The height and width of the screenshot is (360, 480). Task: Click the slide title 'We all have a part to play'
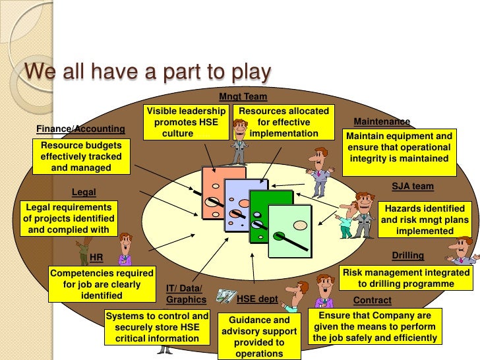[147, 71]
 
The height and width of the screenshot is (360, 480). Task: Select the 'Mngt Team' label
[243, 96]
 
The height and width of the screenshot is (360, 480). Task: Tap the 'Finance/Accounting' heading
[80, 128]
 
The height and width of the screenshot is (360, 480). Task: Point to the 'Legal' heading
[84, 192]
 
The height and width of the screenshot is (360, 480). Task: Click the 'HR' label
[96, 257]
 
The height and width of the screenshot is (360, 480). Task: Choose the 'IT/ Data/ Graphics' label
[183, 294]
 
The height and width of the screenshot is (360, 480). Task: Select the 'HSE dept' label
[257, 299]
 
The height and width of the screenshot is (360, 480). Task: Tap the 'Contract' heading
[373, 300]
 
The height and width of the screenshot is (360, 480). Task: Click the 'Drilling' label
[407, 255]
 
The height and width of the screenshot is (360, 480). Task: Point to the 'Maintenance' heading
[382, 122]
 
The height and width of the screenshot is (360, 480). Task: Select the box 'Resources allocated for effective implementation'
[283, 122]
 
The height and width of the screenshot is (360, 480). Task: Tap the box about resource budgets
[76, 156]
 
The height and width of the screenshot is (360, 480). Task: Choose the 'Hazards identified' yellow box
[425, 220]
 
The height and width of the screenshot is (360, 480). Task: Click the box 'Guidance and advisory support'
[258, 336]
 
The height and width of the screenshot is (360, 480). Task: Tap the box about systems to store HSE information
[157, 327]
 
